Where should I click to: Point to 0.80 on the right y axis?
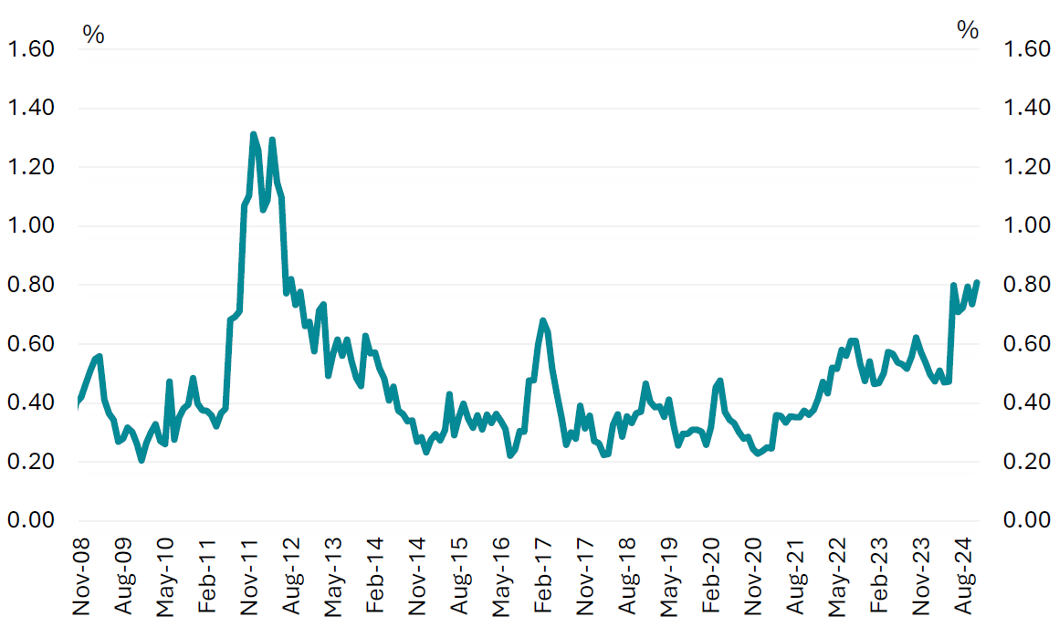[x=1027, y=285]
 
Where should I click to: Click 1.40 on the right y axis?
[x=1027, y=109]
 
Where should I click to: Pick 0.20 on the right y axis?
[x=1027, y=462]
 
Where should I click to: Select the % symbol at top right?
[x=968, y=30]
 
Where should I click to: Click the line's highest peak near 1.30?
[x=253, y=134]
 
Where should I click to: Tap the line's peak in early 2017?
[x=543, y=320]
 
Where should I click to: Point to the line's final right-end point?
[x=977, y=282]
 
